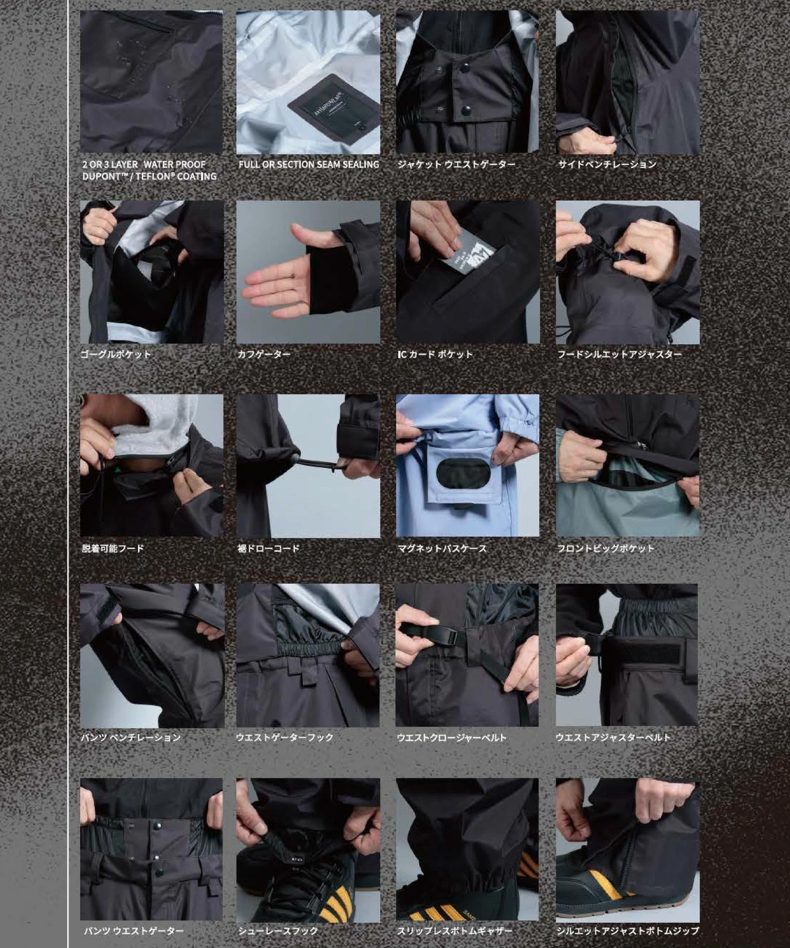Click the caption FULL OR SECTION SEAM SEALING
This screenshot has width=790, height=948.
coord(309,165)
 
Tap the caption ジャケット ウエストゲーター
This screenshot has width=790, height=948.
coord(456,165)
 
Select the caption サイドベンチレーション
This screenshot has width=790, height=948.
coord(607,165)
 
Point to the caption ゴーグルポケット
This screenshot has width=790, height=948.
coord(116,354)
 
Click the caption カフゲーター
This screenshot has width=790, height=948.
coord(264,354)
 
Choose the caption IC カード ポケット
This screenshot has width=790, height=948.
coord(435,354)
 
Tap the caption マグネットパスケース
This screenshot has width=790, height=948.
coord(442,548)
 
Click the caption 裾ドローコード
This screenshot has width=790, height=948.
coord(269,548)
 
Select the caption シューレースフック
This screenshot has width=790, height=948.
coord(278,931)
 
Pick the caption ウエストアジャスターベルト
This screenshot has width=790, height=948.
coord(613,738)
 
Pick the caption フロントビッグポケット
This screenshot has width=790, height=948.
coord(606,548)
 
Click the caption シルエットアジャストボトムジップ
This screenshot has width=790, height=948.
coord(628,931)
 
